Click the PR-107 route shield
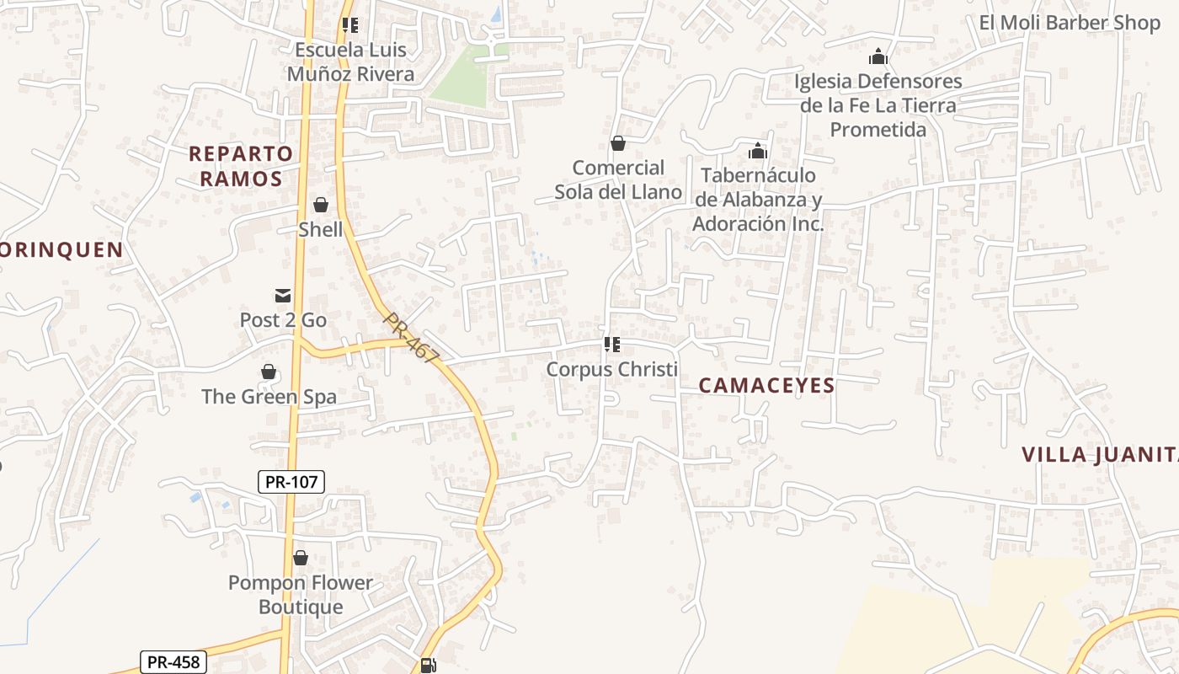pos(291,482)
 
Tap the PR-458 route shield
pos(173,661)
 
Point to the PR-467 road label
pos(411,338)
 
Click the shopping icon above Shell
pos(321,205)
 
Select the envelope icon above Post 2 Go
pos(283,296)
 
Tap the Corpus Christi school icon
pos(612,345)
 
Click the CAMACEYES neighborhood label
pos(766,386)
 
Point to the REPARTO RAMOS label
pos(241,166)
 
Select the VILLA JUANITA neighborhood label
pos(1100,455)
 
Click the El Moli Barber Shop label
pos(1070,23)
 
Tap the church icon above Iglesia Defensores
pos(878,57)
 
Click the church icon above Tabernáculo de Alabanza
pos(758,152)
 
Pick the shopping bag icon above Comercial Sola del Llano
pos(618,143)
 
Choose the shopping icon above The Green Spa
pos(269,372)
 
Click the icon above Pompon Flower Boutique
pos(301,558)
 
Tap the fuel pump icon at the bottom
pos(428,666)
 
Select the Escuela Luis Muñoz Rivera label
pos(351,62)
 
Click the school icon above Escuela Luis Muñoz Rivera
pos(350,25)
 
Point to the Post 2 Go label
pos(283,320)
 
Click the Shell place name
pos(321,229)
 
